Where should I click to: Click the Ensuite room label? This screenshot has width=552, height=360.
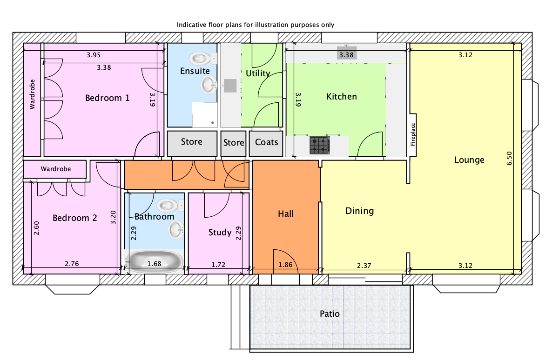pyautogui.click(x=195, y=71)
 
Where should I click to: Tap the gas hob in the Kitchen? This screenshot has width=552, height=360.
pyautogui.click(x=320, y=146)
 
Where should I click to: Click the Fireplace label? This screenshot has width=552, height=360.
pyautogui.click(x=413, y=134)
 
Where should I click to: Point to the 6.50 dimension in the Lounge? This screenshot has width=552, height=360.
pyautogui.click(x=509, y=158)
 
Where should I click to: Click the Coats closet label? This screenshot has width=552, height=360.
pyautogui.click(x=267, y=142)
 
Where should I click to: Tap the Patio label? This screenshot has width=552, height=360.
pyautogui.click(x=330, y=314)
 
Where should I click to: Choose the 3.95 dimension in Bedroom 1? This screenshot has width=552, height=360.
pyautogui.click(x=94, y=55)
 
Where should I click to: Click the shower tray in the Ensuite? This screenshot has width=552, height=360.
pyautogui.click(x=205, y=115)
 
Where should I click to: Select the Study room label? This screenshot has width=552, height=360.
pyautogui.click(x=220, y=233)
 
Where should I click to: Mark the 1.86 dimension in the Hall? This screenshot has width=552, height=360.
pyautogui.click(x=285, y=265)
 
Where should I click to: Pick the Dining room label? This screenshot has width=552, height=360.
pyautogui.click(x=359, y=211)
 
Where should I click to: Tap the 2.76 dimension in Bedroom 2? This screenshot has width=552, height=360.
pyautogui.click(x=72, y=264)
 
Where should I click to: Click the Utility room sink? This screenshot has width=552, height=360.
pyautogui.click(x=230, y=85)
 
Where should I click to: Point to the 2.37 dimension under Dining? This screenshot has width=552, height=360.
pyautogui.click(x=364, y=265)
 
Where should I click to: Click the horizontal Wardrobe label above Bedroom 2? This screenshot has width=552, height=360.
pyautogui.click(x=56, y=169)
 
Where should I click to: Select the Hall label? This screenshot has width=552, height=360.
pyautogui.click(x=285, y=213)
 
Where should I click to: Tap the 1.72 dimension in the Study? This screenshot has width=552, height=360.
pyautogui.click(x=218, y=265)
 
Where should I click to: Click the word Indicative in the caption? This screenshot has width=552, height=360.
pyautogui.click(x=190, y=25)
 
